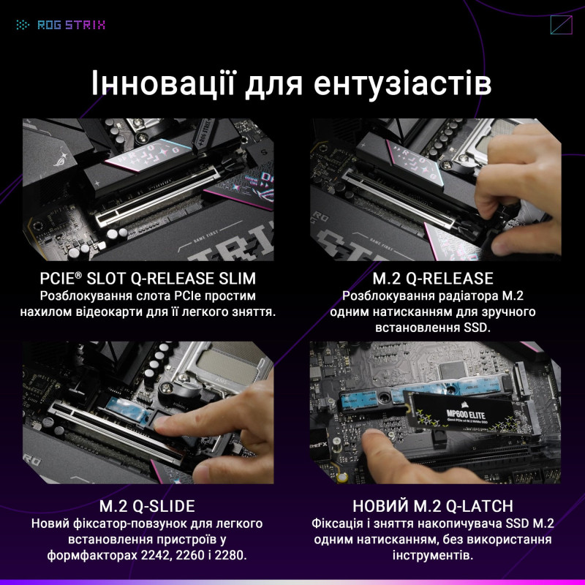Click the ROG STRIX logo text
[x=69, y=25]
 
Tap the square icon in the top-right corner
[x=561, y=25]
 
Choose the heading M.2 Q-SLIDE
[x=147, y=506]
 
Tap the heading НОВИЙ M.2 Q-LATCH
[x=433, y=506]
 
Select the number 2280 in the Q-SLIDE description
[x=228, y=556]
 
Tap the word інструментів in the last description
[x=433, y=556]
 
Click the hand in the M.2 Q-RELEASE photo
[x=512, y=190]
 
